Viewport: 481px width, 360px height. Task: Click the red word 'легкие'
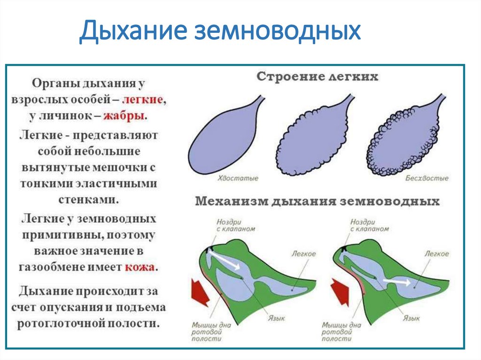[143, 100]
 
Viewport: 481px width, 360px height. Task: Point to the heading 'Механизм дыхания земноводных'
[317, 201]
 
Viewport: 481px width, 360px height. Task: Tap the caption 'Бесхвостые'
[427, 178]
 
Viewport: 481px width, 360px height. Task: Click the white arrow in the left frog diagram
[225, 260]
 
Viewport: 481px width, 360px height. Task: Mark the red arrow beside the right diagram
[339, 291]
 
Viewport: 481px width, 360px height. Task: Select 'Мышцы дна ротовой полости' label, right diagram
[341, 331]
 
